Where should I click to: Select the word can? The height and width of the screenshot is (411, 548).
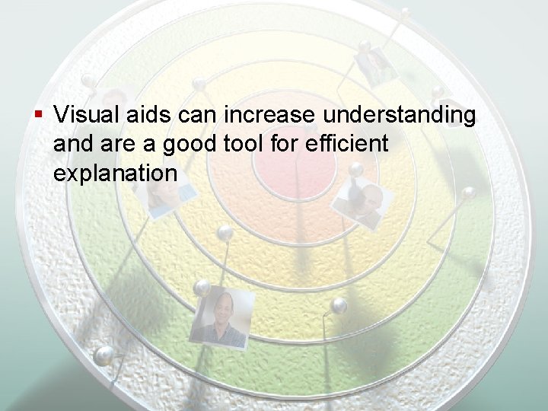click(196, 116)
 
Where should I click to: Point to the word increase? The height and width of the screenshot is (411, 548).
click(266, 116)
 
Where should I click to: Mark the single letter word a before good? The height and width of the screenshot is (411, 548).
click(152, 145)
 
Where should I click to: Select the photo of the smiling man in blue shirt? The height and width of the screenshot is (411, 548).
click(221, 318)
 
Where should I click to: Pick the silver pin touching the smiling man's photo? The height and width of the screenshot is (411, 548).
click(202, 288)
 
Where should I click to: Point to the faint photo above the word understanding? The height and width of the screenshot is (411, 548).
click(377, 66)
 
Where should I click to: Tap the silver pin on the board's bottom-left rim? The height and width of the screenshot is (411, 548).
click(104, 354)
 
